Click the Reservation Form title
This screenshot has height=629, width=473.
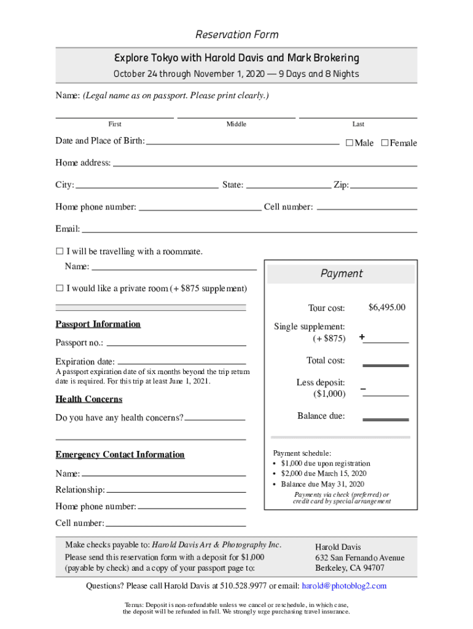237,34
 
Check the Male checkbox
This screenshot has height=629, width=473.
349,143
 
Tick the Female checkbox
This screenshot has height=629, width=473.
385,143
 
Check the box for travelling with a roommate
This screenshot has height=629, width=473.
60,251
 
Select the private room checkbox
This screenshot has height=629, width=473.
60,288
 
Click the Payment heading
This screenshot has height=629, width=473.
342,273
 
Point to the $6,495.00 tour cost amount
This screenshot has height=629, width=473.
386,307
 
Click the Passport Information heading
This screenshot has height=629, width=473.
98,324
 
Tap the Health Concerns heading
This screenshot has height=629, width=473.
89,399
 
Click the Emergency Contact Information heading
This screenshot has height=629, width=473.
120,455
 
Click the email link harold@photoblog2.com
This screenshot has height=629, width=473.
344,586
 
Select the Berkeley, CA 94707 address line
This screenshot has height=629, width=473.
350,568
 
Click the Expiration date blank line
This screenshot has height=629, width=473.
181,364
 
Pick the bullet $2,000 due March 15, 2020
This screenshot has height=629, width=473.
323,474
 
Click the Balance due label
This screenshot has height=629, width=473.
321,416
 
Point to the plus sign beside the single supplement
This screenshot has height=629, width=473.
362,337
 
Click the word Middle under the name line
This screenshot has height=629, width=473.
236,124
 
